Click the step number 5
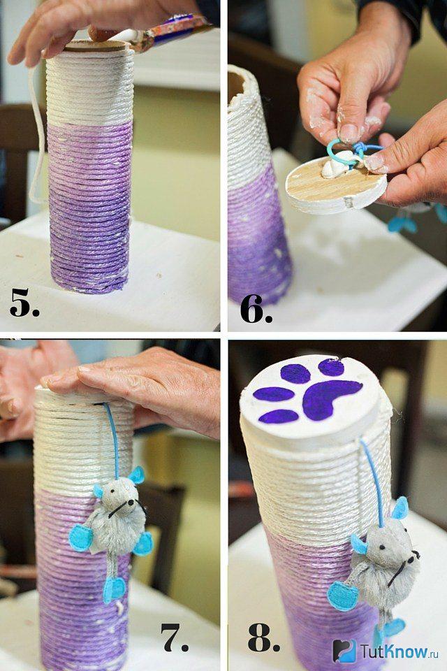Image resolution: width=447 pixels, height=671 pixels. tap(24, 303)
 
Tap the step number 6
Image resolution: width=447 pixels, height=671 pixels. tap(256, 308)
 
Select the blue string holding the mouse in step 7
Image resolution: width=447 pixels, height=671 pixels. tap(112, 440)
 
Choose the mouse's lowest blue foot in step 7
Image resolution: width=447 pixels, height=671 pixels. tap(115, 588)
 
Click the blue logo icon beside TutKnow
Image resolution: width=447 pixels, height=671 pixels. tap(345, 651)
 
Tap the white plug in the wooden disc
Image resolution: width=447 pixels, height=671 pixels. tap(334, 168)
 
